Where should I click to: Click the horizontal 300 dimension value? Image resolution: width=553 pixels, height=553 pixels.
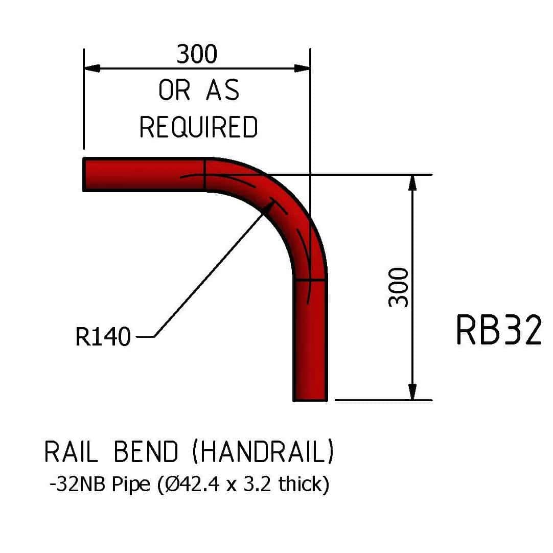tap(197, 54)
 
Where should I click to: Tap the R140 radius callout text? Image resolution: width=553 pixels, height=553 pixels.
tap(103, 337)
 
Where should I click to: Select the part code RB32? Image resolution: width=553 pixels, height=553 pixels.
tap(498, 331)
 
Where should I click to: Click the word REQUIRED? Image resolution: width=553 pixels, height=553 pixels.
tap(199, 127)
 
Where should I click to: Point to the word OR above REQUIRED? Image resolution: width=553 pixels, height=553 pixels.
tap(174, 91)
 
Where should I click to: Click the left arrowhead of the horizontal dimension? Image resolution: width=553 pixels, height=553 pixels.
tap(91, 68)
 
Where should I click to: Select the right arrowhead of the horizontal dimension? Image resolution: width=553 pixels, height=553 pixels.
tap(303, 68)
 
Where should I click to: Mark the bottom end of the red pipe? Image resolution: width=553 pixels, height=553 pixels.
tap(310, 399)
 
